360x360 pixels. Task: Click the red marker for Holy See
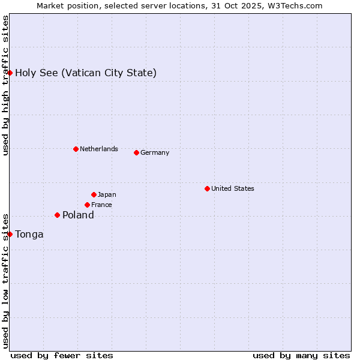click(10, 73)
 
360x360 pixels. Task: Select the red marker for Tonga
click(10, 234)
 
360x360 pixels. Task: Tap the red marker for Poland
click(57, 215)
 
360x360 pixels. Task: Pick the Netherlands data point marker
click(76, 149)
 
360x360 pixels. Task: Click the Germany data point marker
click(136, 152)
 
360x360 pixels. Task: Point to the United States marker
click(207, 188)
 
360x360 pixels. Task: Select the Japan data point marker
click(94, 194)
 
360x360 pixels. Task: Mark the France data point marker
click(87, 205)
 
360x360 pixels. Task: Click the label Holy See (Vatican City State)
click(86, 73)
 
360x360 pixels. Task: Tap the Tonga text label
click(29, 235)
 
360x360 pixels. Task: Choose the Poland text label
click(78, 215)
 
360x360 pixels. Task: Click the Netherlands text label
click(99, 149)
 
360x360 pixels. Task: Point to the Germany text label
click(155, 152)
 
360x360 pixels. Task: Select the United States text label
click(233, 188)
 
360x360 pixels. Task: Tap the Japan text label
click(107, 194)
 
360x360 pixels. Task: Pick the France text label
click(101, 205)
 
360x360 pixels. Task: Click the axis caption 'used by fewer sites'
click(62, 355)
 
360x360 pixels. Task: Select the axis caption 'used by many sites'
click(301, 355)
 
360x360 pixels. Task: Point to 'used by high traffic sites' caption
click(5, 85)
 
